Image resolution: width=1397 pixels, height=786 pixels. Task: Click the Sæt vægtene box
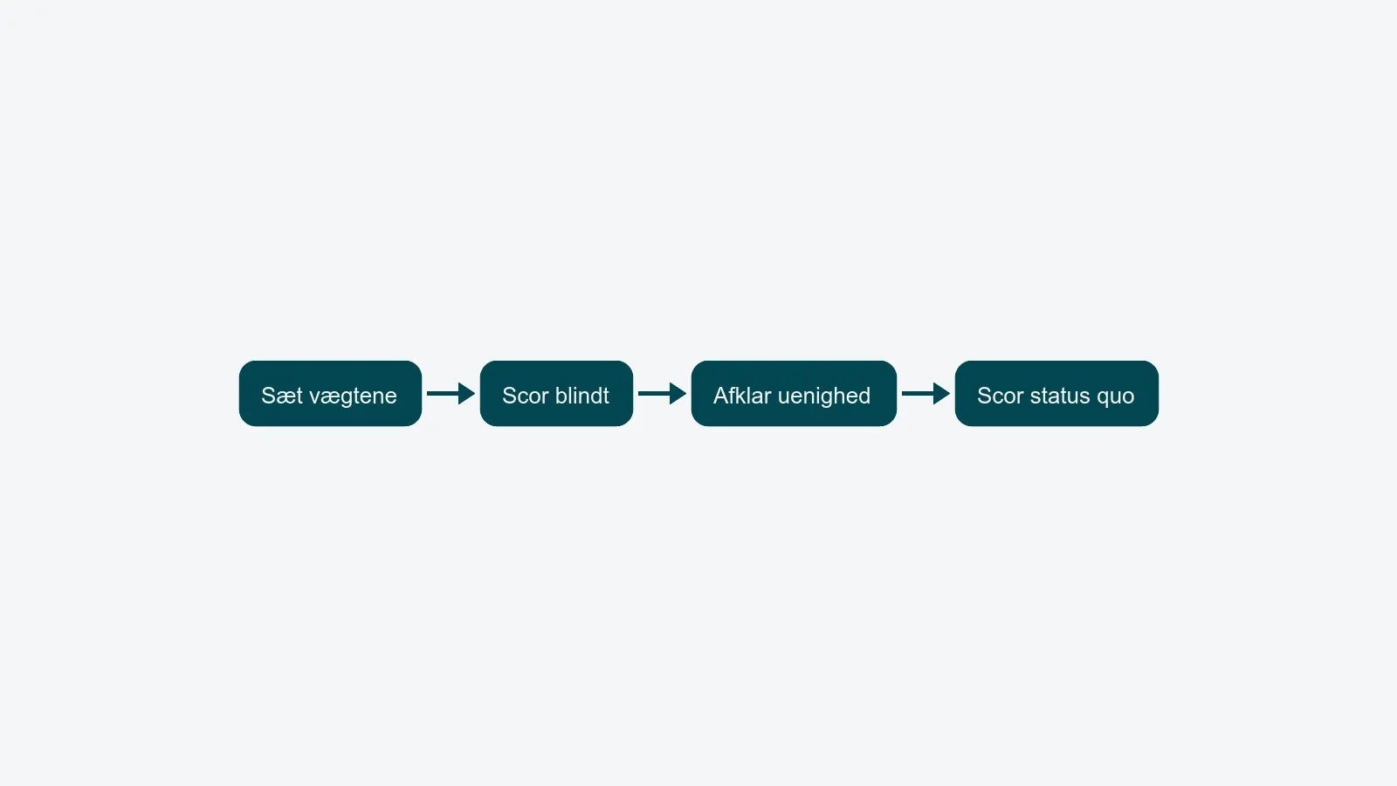[x=330, y=394]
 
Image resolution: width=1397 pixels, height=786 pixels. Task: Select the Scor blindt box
[x=556, y=394]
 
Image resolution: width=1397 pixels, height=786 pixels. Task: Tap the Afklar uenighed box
[x=794, y=394]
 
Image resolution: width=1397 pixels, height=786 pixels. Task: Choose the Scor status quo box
[x=1056, y=394]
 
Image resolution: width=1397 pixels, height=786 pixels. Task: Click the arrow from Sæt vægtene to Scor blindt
[x=451, y=394]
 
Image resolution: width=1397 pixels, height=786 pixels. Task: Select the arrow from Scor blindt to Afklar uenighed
[x=663, y=394]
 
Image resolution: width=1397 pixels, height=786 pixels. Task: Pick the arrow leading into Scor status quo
[x=926, y=394]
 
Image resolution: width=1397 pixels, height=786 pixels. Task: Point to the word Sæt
[x=282, y=396]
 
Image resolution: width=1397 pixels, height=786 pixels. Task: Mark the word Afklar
[x=742, y=396]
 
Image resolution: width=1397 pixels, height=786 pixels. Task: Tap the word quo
[x=1115, y=398]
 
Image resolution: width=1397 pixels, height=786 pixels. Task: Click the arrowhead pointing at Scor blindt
[x=466, y=394]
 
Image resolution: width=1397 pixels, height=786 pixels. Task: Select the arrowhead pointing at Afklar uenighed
[x=678, y=394]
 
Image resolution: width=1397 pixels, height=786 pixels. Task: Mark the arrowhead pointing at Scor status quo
[x=942, y=394]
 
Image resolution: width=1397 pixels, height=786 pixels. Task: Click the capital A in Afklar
[x=721, y=396]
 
